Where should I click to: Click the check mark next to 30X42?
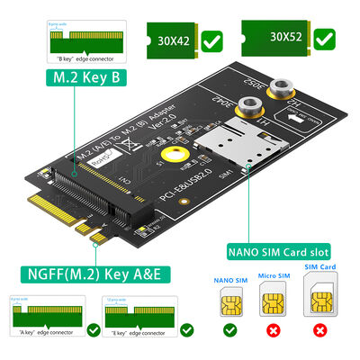(x=213, y=40)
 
